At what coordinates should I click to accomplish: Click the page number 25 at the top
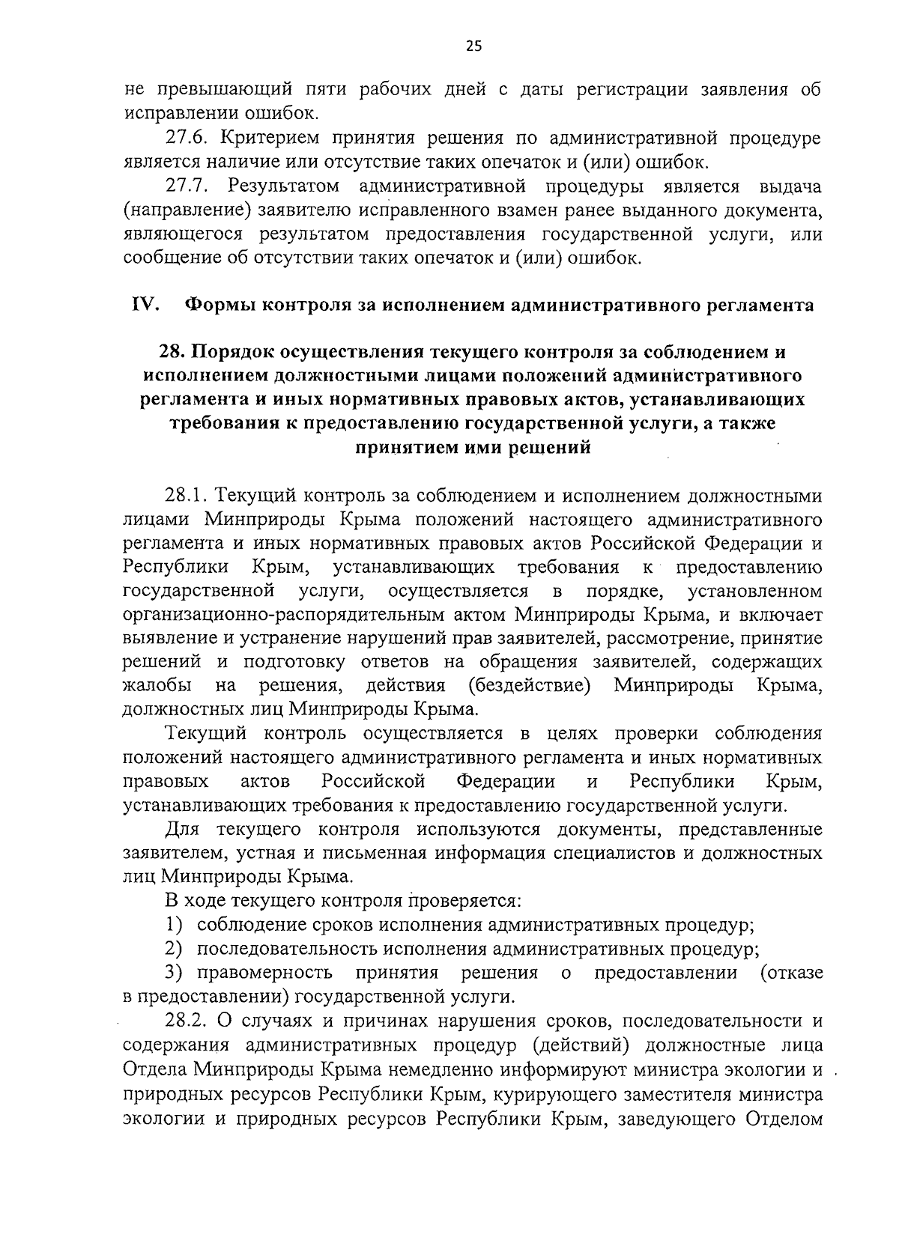(473, 46)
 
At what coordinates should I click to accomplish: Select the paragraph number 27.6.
(187, 139)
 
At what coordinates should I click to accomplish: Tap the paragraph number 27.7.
(187, 186)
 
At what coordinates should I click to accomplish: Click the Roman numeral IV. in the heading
(143, 305)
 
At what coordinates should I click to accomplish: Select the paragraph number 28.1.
(187, 496)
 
